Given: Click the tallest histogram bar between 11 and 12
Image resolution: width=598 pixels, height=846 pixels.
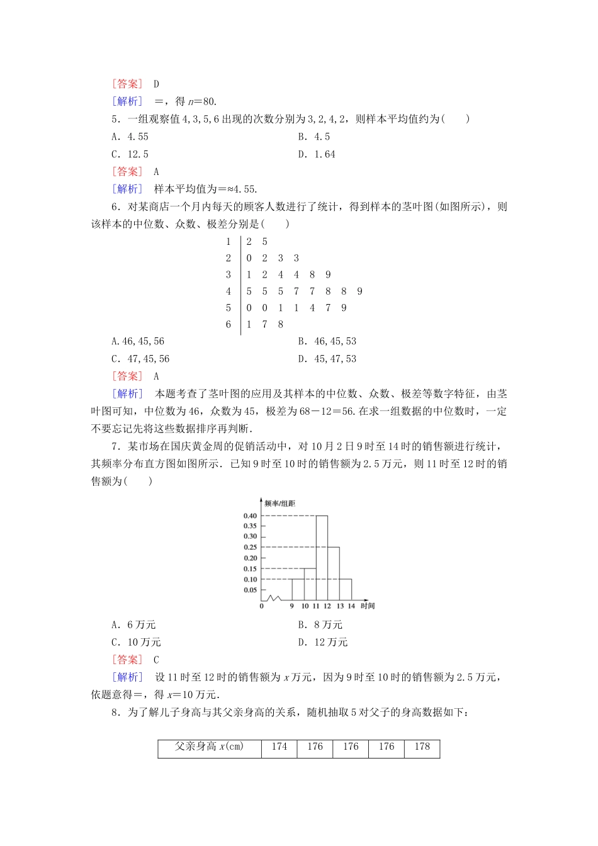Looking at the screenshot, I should tap(322, 557).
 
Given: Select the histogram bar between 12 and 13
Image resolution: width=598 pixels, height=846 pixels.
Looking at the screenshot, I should tap(334, 573).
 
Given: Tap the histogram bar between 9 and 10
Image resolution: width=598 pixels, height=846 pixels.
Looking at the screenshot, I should tap(298, 589).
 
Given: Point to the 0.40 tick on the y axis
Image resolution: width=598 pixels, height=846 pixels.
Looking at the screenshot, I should tap(250, 516).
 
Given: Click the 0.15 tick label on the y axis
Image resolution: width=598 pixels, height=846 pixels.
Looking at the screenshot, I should tap(250, 569).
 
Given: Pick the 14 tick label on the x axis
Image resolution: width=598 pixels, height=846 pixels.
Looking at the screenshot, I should tap(351, 606).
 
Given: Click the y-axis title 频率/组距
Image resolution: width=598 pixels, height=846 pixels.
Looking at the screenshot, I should tap(279, 504).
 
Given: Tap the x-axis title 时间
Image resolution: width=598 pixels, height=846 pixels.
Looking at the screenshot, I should tap(368, 606).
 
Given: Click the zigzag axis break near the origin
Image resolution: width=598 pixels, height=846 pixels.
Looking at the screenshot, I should tap(273, 597).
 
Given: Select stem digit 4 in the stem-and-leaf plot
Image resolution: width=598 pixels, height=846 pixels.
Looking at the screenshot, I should tap(228, 291).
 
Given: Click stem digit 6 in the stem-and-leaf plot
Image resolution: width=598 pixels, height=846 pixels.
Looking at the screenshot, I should tap(228, 325).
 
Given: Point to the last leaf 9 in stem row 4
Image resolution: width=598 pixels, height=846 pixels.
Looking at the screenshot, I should tap(359, 291).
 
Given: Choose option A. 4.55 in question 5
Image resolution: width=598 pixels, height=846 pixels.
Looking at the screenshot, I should tap(130, 137).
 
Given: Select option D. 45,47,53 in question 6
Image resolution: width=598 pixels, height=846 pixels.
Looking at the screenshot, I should tap(327, 359).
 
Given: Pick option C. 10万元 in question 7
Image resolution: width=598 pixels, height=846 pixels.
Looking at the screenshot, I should tap(136, 642).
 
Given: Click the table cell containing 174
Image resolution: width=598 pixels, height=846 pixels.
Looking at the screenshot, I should tap(279, 747).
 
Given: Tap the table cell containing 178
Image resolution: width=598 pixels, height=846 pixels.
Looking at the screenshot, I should tap(422, 747).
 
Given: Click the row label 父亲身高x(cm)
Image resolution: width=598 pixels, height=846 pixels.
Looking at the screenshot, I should tap(209, 747).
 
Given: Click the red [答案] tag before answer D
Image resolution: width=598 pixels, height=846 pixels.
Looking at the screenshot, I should tap(127, 84).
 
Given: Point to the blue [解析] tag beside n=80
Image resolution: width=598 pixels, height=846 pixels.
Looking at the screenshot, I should tap(127, 101).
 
